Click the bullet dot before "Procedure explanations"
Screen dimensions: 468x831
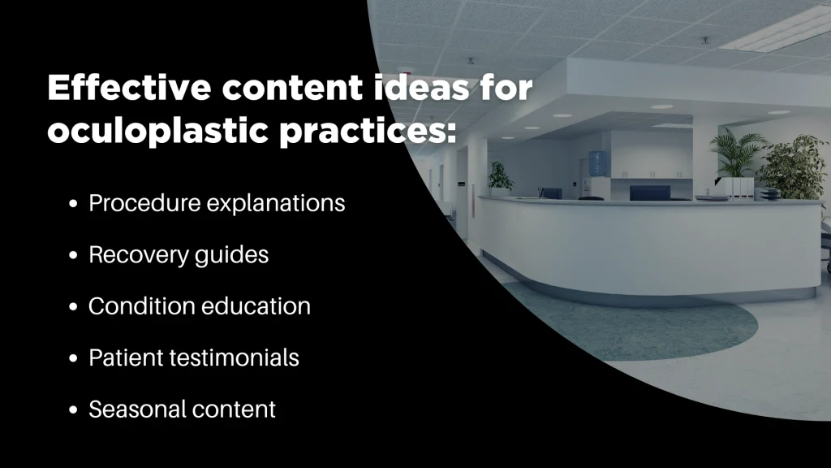[74, 203]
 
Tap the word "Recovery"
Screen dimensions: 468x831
[135, 254]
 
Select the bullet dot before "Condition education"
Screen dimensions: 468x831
[74, 306]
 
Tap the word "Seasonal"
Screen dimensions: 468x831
[132, 409]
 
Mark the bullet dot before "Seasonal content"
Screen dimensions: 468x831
[74, 409]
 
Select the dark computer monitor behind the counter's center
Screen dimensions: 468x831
[649, 192]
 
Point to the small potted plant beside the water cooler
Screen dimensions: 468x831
[499, 176]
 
